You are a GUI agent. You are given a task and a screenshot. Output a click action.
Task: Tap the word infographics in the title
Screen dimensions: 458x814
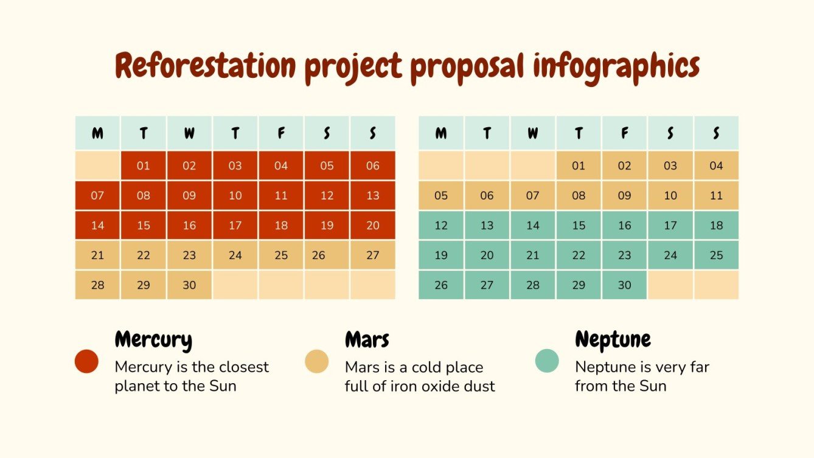616,66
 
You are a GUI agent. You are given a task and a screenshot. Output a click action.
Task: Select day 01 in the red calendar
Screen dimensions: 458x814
144,165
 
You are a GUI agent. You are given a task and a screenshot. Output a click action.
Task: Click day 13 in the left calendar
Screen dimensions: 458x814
373,195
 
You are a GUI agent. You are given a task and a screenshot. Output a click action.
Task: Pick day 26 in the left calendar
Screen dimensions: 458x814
319,255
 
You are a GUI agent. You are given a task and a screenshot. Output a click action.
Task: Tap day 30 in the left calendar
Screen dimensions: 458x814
189,285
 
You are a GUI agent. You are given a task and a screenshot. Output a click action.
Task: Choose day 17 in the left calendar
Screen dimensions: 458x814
235,225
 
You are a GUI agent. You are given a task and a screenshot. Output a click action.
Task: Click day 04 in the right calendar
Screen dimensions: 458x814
716,165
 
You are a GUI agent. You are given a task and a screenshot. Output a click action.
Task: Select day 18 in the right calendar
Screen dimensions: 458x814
716,225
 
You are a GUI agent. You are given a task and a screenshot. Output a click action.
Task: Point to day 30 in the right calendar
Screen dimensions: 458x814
624,285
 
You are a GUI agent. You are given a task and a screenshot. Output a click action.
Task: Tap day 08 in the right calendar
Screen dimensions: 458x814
579,195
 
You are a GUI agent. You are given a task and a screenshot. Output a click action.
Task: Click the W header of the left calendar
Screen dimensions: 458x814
189,133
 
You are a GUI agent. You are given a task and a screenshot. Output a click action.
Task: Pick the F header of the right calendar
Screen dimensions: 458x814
624,133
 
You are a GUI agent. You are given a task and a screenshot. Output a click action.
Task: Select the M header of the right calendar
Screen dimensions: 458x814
441,133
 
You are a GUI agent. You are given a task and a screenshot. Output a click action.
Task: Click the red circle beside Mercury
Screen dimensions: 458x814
86,361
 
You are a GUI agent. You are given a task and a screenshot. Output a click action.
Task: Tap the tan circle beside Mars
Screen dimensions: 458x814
316,361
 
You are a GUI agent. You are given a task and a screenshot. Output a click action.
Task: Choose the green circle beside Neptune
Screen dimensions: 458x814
546,361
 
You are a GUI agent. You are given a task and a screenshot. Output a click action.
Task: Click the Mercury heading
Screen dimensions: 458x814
153,339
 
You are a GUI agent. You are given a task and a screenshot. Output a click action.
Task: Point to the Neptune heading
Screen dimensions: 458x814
613,339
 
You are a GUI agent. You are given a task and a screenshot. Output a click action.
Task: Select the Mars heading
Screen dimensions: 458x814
367,339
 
